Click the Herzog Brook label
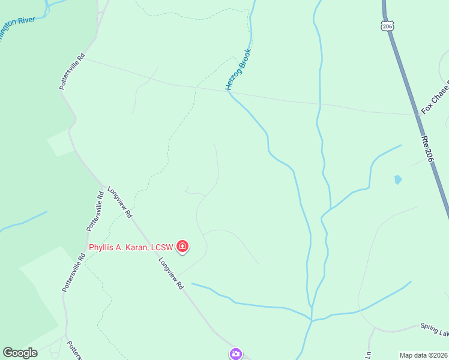click(238, 70)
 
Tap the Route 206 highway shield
click(387, 26)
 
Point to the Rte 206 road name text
click(427, 147)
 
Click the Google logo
click(20, 353)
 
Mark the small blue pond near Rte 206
click(397, 179)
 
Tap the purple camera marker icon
click(236, 354)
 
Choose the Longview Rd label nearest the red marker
click(170, 274)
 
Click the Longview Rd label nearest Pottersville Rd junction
click(119, 202)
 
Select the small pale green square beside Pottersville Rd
click(60, 143)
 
